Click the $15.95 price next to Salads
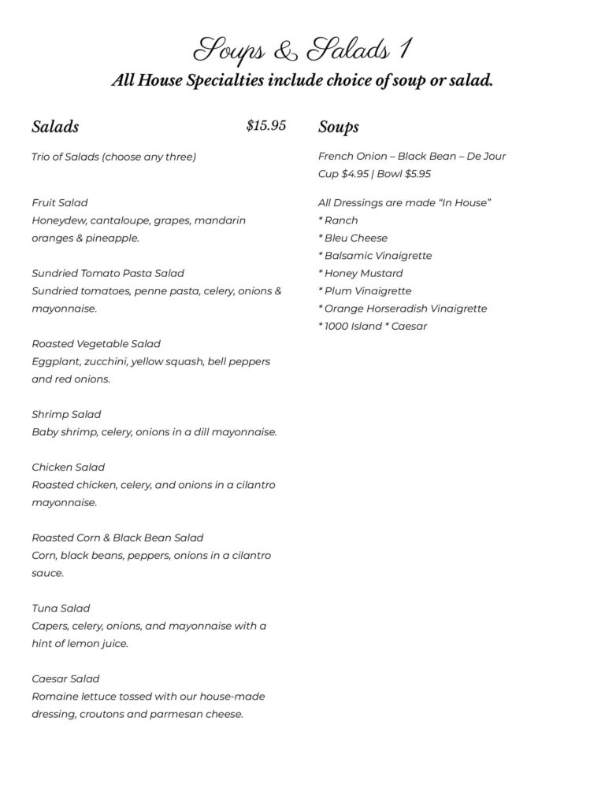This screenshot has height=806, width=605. [x=265, y=126]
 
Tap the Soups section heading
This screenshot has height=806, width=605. [x=339, y=127]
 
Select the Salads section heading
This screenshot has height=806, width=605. [x=55, y=127]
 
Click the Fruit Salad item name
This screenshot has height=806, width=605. [x=60, y=202]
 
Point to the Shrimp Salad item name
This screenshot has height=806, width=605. [x=66, y=414]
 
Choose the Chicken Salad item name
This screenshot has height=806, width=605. [x=69, y=467]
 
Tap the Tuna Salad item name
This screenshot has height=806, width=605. [x=61, y=608]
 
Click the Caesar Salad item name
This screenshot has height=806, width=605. [x=65, y=678]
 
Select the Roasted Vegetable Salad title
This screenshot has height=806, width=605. [x=96, y=343]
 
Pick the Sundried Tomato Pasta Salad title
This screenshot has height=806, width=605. [x=108, y=273]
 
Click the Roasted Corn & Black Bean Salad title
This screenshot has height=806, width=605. [x=117, y=538]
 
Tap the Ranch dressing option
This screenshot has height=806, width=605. [x=340, y=220]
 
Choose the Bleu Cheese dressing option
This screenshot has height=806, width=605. [x=355, y=238]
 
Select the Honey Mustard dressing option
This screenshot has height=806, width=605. [x=363, y=273]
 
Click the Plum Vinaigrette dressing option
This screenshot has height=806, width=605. [x=367, y=290]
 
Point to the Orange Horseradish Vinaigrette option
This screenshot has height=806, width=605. [x=405, y=309]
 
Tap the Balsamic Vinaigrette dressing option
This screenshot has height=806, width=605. [x=377, y=256]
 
